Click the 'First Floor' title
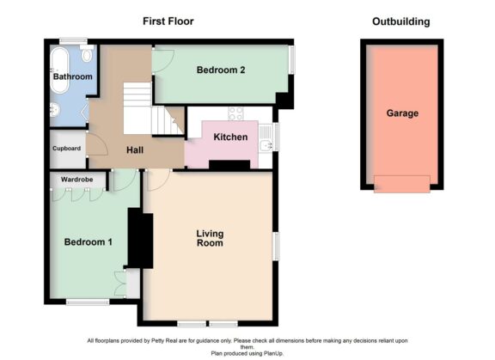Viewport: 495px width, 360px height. point(167,21)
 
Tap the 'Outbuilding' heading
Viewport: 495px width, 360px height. point(400,21)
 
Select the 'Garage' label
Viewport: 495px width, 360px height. point(402,113)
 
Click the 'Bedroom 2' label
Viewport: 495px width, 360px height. point(221,70)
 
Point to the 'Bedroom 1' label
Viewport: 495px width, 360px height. point(89,242)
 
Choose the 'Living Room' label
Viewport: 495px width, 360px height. point(210,238)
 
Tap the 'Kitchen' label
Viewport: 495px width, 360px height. point(230,137)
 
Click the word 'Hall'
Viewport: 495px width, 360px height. point(135,149)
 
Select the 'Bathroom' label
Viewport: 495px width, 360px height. point(72,77)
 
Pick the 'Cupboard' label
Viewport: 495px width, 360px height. point(67,149)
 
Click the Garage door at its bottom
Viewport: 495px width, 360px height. point(401,183)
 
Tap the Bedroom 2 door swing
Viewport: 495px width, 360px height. point(164,60)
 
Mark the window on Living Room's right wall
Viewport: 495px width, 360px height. point(276,245)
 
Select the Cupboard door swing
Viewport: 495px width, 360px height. point(96,143)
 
